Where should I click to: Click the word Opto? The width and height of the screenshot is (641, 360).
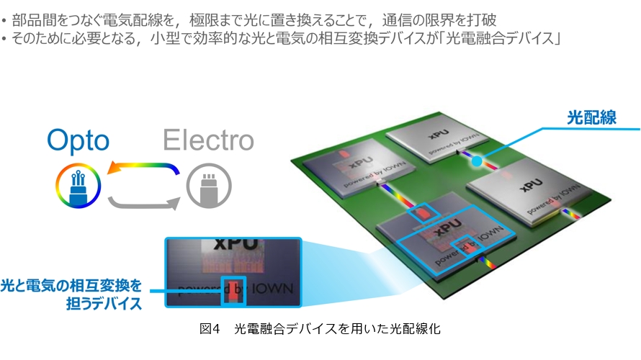click(78, 140)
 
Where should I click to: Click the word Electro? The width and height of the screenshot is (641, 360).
click(208, 140)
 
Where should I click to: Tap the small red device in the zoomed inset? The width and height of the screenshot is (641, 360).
click(233, 291)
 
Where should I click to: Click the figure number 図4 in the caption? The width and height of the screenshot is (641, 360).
click(209, 329)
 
